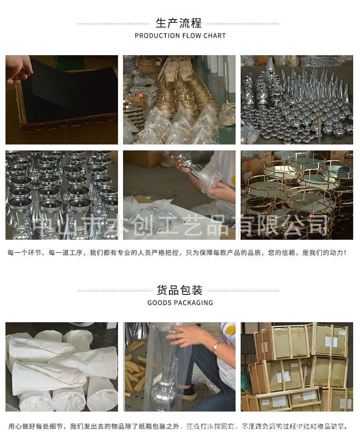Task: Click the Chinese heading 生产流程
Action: pyautogui.click(x=179, y=23)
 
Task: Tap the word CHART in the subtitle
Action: pyautogui.click(x=216, y=36)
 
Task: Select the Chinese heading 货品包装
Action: pyautogui.click(x=180, y=290)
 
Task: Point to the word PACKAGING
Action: pyautogui.click(x=192, y=303)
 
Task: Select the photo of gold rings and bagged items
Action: pyautogui.click(x=179, y=100)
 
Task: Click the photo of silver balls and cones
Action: pyautogui.click(x=297, y=100)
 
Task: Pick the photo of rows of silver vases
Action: pyautogui.click(x=62, y=195)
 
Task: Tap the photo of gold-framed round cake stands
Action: pyautogui.click(x=297, y=195)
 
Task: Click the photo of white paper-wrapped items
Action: pyautogui.click(x=62, y=367)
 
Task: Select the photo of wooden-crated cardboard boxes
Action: pyautogui.click(x=297, y=367)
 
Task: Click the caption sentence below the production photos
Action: pyautogui.click(x=177, y=252)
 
